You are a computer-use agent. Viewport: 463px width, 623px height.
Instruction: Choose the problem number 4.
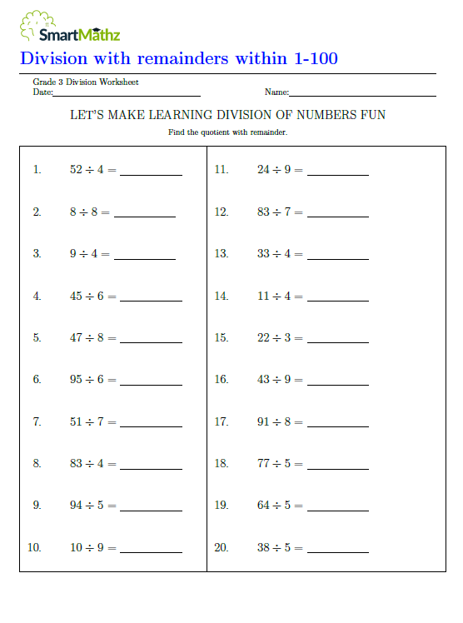(37, 296)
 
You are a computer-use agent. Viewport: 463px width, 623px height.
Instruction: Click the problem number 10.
(34, 548)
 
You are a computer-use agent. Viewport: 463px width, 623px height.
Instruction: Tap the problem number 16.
(221, 380)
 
